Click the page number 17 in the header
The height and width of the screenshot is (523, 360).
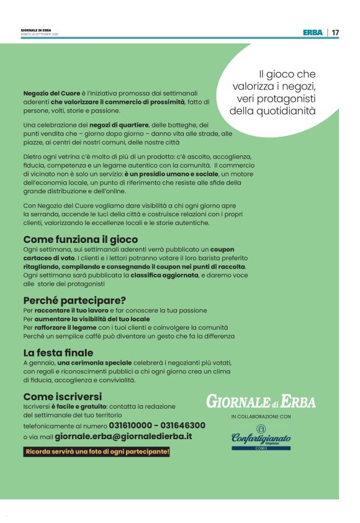335,32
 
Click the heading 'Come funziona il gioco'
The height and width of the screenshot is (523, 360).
80,239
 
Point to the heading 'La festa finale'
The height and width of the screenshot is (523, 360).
58,353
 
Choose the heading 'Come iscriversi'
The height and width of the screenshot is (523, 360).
62,396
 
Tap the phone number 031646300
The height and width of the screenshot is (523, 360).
183,425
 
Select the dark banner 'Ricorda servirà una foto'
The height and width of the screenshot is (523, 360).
96,452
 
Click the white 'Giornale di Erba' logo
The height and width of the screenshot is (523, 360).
261,401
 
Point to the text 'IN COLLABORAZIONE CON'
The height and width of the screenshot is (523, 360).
261,416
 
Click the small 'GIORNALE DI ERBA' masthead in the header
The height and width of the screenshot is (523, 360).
36,30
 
